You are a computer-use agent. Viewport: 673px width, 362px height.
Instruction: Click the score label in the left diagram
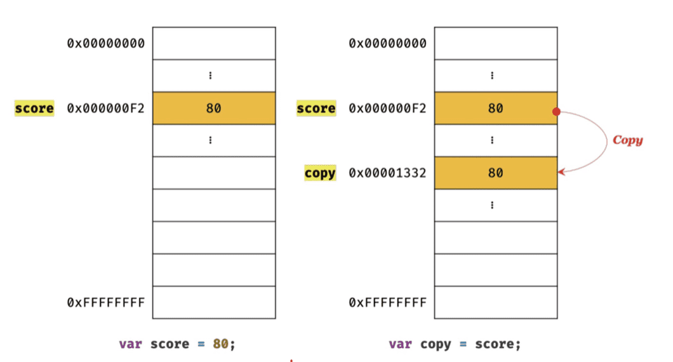coord(34,108)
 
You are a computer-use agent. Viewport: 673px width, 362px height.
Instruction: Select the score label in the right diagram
coord(316,108)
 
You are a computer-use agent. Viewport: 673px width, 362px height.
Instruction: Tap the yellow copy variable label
coord(319,173)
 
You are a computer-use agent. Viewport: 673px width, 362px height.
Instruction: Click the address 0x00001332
coord(387,173)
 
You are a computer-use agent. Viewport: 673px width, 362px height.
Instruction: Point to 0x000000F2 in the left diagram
coord(105,108)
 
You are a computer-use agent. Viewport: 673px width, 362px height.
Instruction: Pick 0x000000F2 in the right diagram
coord(387,108)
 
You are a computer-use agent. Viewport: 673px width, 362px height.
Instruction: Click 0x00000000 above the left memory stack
coord(105,43)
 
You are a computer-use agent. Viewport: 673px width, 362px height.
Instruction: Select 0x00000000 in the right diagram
coord(387,43)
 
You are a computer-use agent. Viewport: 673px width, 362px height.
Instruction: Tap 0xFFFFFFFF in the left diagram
coord(105,302)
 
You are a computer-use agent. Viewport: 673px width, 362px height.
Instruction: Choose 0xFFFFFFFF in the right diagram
coord(387,302)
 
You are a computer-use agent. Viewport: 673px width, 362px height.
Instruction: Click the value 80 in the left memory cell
coord(213,108)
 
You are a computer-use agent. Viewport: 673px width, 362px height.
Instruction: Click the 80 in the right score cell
coord(495,108)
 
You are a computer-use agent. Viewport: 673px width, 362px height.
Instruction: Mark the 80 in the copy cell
coord(495,173)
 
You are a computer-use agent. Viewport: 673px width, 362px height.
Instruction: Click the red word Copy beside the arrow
coord(627,140)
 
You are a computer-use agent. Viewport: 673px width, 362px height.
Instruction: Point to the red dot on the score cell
coord(557,112)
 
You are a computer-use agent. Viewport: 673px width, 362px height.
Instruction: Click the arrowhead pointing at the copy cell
coord(561,170)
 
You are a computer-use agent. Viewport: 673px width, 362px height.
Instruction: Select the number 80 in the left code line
coord(220,344)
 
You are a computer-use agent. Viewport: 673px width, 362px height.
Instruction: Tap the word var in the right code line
coord(400,344)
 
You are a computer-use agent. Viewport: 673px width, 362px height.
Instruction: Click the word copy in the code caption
coord(436,344)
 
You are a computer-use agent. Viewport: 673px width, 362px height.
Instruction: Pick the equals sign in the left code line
coord(201,344)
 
